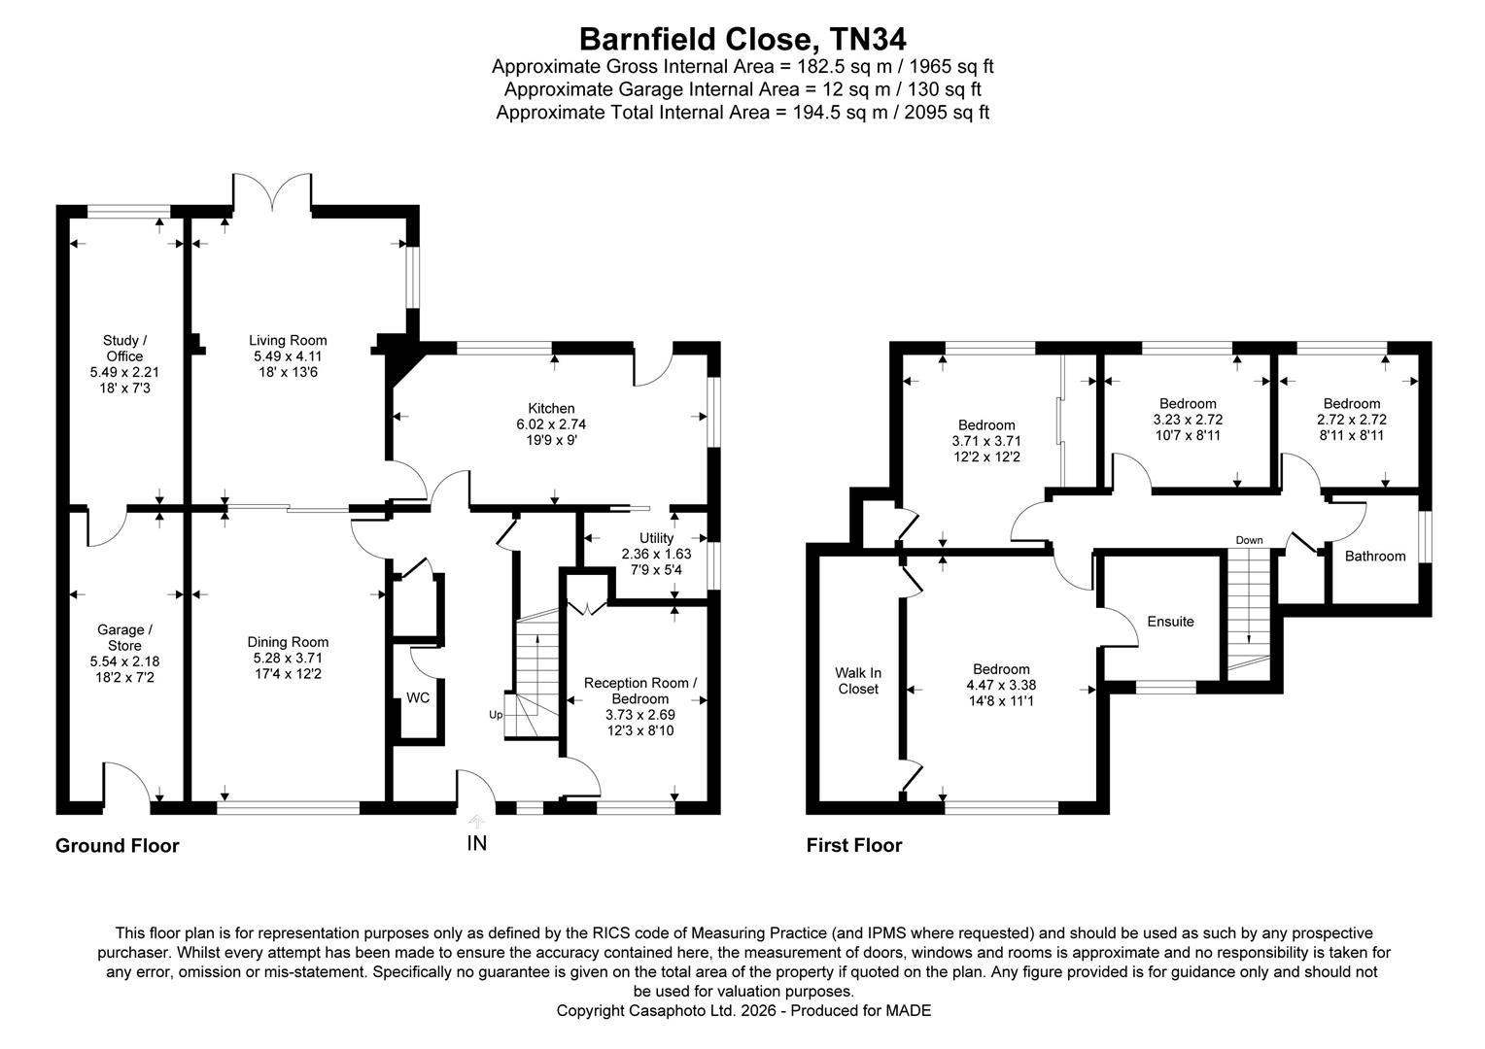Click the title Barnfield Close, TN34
(742, 39)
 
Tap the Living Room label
(288, 340)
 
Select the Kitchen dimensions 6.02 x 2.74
(551, 424)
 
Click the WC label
(418, 697)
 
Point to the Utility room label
(656, 538)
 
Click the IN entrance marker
(476, 843)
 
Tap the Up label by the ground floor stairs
(496, 715)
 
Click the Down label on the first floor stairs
(1249, 540)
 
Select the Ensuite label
(1170, 622)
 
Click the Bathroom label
(1374, 557)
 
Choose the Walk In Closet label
(858, 681)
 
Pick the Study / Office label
(124, 348)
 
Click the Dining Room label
(288, 642)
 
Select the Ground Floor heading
(118, 846)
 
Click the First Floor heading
(854, 846)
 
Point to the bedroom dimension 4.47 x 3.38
(1001, 685)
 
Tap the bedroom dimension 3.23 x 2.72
(1188, 420)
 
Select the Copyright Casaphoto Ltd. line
(743, 1011)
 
